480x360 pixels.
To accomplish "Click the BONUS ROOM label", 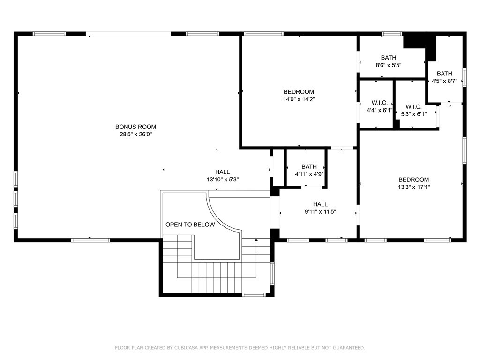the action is (135, 127).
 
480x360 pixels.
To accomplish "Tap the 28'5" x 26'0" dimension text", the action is (135, 135).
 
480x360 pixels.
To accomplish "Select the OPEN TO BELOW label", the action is (190, 225).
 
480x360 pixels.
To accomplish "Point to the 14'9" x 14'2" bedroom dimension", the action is (299, 99).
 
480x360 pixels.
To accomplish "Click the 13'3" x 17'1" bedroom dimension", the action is (414, 187).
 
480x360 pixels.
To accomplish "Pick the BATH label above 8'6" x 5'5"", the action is (389, 58).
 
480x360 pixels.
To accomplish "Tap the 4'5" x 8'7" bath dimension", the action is (444, 81).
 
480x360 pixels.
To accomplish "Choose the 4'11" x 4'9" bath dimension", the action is (309, 174).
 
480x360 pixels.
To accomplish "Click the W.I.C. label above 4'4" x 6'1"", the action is (379, 103).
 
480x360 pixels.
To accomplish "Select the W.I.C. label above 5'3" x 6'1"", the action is (413, 107).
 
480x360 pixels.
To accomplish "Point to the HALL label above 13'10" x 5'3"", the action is (222, 172).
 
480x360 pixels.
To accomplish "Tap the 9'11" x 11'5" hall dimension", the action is (320, 211).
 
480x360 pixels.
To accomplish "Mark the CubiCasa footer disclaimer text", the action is (240, 348).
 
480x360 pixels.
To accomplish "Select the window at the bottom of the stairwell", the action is (254, 294).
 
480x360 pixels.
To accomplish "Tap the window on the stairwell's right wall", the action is (272, 274).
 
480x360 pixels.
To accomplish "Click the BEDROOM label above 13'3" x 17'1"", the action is (413, 180).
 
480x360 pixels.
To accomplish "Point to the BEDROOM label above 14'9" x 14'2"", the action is (299, 92).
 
